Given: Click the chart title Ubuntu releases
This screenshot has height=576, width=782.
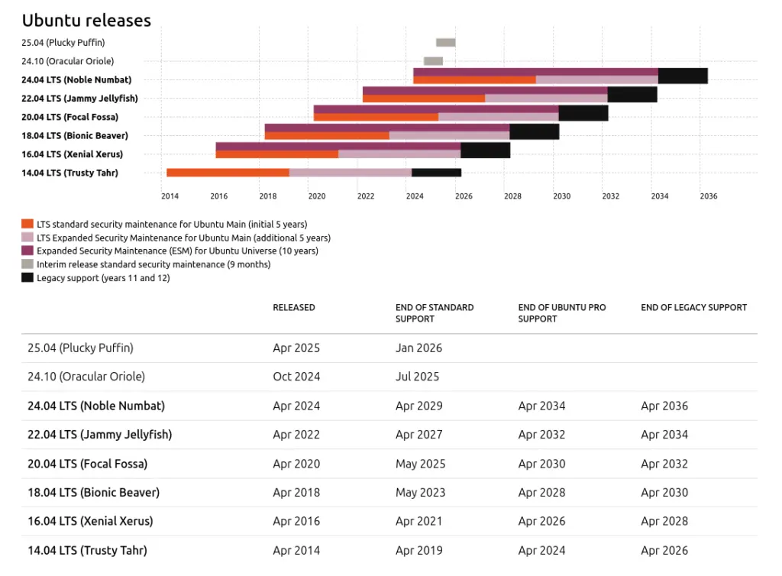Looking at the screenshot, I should (86, 21).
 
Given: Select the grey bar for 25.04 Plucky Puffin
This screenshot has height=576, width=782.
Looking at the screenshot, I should (445, 43).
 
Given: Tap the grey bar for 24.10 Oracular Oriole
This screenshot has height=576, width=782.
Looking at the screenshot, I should (433, 61).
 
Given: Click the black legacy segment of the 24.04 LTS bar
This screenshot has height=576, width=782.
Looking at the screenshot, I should (683, 76).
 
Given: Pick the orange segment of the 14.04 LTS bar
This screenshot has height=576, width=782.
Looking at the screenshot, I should (228, 173).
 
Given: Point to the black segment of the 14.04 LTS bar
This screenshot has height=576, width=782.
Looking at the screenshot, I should (436, 173).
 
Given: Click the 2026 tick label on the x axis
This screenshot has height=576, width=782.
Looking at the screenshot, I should (464, 196).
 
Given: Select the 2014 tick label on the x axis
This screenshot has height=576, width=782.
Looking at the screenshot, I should (170, 196).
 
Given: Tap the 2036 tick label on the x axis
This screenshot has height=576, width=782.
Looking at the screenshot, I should (709, 196).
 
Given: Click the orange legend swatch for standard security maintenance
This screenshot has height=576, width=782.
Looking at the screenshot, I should (27, 224).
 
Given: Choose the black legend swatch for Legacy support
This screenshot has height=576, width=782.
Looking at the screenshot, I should (27, 278).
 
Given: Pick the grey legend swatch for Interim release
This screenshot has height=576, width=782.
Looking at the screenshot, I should (27, 264).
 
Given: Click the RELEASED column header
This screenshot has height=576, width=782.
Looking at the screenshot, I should (294, 308).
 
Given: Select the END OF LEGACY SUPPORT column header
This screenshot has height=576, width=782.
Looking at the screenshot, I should (693, 308).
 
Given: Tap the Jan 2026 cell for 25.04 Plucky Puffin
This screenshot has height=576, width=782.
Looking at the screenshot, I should (418, 348).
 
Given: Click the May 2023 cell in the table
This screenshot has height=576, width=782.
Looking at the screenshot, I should (420, 493).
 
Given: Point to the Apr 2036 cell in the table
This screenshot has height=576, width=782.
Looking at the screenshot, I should (664, 406).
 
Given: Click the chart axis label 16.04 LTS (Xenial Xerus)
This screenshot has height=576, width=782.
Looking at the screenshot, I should (73, 154).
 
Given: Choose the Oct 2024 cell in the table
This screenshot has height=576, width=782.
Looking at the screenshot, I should (296, 377).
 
